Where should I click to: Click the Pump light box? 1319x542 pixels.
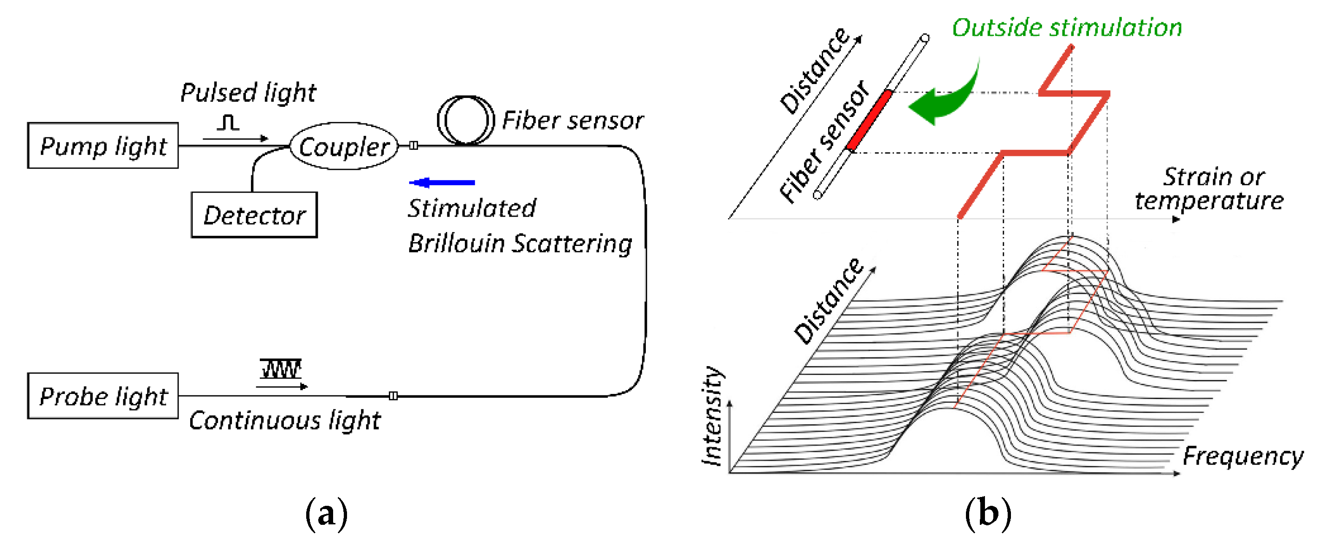click(103, 146)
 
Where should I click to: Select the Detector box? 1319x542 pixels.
click(254, 215)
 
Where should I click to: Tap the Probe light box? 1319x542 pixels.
click(103, 396)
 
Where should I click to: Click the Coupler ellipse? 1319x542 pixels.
click(344, 147)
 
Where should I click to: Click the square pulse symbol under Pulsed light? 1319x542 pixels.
click(228, 123)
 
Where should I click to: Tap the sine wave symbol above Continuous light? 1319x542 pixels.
click(280, 368)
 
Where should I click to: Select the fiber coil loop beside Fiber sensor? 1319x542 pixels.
click(465, 120)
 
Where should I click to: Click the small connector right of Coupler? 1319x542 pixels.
click(414, 146)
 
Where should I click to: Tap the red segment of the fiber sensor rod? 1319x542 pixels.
click(869, 121)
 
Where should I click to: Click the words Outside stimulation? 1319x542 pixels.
click(1067, 27)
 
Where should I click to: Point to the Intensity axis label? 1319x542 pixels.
click(713, 416)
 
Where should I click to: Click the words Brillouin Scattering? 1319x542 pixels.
click(520, 243)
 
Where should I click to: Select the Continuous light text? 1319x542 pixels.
click(285, 420)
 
